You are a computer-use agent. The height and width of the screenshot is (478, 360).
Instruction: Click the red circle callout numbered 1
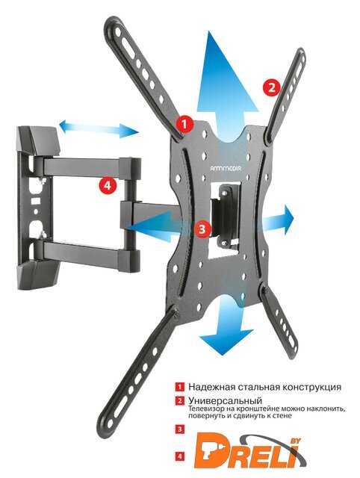pos(184,124)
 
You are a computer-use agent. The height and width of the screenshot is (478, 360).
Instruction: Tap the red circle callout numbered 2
pos(271,87)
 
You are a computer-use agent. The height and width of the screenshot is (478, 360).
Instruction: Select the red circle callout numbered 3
pos(202,229)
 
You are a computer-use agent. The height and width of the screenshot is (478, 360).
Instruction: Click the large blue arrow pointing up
pos(227,91)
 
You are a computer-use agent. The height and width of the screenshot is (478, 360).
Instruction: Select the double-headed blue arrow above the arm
pos(99,128)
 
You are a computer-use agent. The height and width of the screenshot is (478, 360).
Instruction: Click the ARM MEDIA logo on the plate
pos(226,167)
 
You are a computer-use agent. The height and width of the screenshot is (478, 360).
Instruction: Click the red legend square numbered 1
pos(180,387)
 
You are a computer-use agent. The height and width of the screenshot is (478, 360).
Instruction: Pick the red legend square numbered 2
pos(180,400)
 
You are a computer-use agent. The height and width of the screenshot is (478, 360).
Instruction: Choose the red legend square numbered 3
pos(180,429)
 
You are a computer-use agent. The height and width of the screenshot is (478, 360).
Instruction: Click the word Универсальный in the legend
pos(225,400)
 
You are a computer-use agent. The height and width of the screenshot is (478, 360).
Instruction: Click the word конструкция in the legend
pos(311,387)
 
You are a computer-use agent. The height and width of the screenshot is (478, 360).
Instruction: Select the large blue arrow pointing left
pos(158,226)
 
